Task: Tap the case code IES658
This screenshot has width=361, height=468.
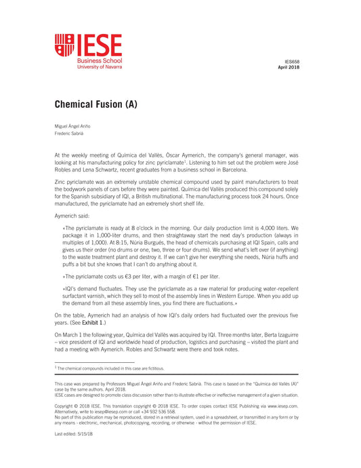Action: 291,61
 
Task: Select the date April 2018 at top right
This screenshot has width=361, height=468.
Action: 289,67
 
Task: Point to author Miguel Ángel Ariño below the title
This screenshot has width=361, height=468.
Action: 72,127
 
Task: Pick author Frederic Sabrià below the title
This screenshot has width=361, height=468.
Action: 70,134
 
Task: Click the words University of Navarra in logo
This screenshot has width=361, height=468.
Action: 100,67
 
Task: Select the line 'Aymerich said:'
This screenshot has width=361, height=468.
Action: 72,215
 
